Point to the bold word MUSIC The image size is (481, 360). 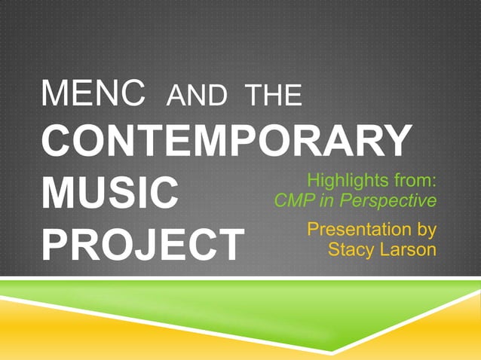(x=111, y=193)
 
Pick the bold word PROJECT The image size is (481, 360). (x=143, y=243)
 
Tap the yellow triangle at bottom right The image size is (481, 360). (x=445, y=331)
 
